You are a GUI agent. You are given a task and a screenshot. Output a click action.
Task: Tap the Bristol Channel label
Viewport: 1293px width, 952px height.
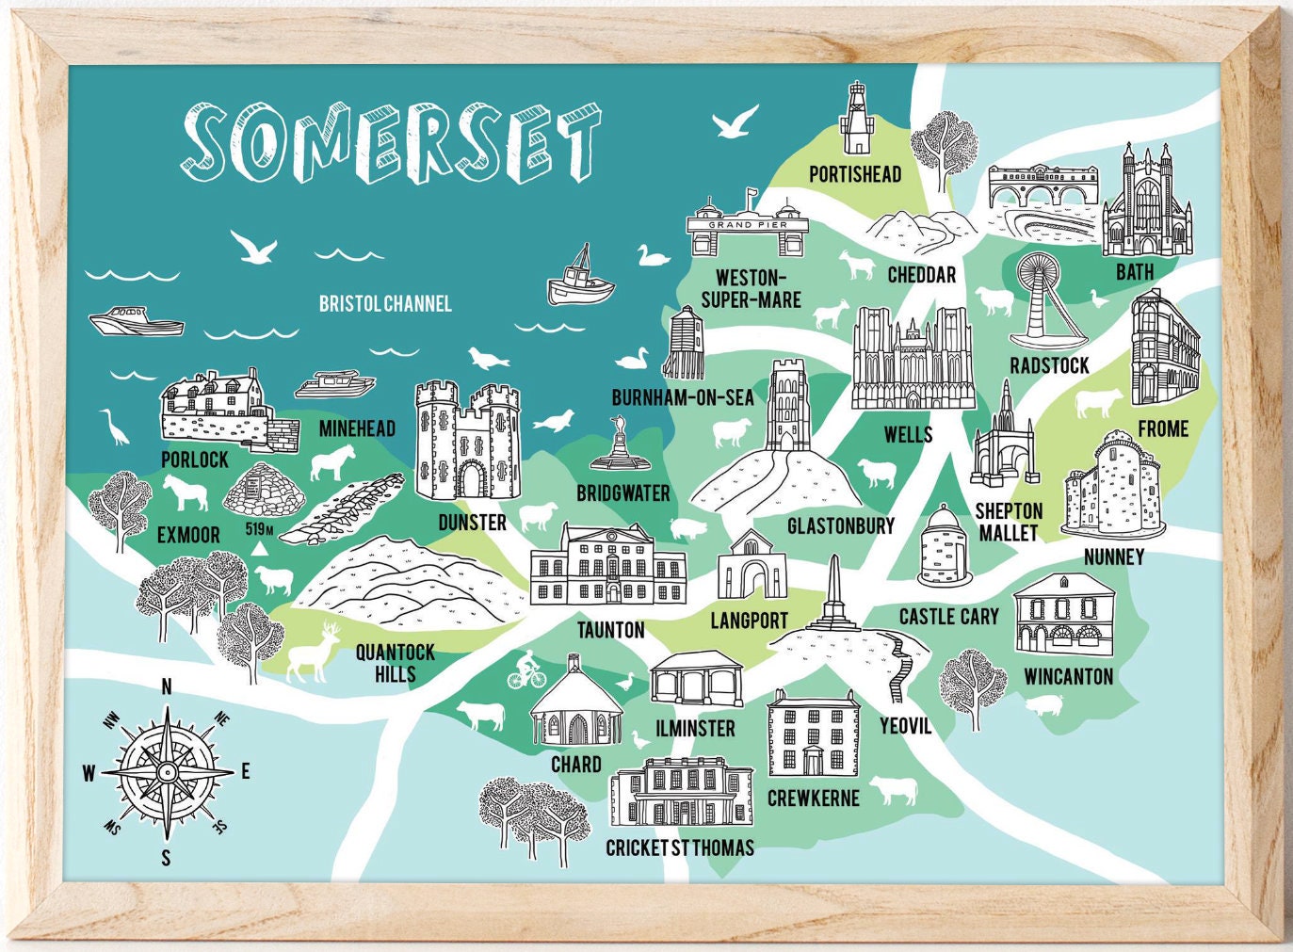tap(384, 303)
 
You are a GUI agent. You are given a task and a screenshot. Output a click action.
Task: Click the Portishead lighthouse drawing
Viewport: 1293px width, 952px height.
tap(856, 119)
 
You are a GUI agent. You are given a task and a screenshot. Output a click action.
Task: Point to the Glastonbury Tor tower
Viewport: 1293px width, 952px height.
tap(784, 406)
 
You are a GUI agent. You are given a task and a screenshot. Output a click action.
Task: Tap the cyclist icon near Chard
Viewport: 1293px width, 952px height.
tap(525, 672)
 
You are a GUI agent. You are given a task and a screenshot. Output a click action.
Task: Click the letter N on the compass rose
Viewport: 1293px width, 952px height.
tap(167, 686)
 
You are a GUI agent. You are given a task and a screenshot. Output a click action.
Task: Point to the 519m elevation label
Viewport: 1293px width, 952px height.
tap(259, 529)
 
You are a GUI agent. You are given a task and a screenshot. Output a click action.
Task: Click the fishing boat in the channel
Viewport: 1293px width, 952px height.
tap(580, 278)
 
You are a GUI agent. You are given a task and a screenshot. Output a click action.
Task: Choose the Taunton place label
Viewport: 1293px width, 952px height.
tap(610, 630)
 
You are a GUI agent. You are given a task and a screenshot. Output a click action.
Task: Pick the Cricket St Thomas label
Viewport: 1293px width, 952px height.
tap(679, 847)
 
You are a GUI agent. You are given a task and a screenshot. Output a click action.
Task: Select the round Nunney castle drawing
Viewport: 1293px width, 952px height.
tap(1113, 487)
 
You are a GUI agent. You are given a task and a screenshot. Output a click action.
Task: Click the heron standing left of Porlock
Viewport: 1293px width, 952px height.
tap(114, 427)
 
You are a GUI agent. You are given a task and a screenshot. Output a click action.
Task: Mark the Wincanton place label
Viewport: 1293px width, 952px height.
tap(1068, 676)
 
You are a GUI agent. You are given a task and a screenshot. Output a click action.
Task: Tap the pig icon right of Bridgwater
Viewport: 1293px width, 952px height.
tap(687, 529)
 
